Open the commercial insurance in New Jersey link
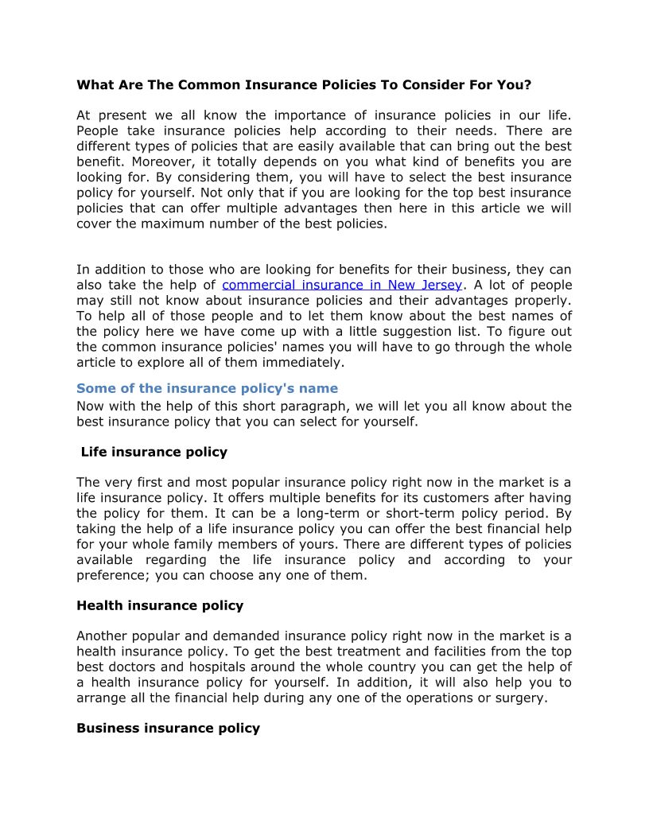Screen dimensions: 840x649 (x=342, y=285)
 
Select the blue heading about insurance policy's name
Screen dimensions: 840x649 (x=207, y=388)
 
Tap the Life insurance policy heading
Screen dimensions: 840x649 (x=154, y=452)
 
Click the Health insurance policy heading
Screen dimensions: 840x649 (x=160, y=605)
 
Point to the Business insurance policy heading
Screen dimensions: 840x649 (x=168, y=728)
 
